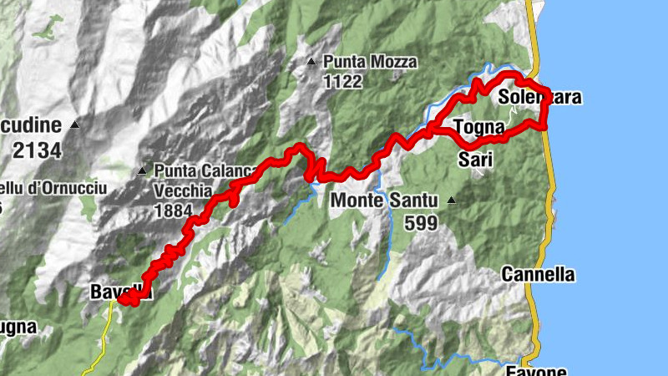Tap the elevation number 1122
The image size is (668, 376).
tap(343, 81)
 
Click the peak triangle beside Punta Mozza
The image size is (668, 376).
tap(311, 61)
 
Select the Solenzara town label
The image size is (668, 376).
tap(539, 98)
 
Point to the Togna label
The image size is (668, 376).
tap(478, 128)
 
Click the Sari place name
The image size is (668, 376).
tap(475, 160)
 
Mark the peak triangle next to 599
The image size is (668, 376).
tap(452, 201)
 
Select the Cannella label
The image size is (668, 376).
tap(539, 274)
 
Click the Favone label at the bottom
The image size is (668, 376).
tap(536, 370)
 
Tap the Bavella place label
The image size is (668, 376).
tap(119, 292)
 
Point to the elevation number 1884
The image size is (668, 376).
tap(174, 211)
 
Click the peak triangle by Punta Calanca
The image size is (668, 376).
tap(142, 170)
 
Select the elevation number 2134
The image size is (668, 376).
tap(37, 150)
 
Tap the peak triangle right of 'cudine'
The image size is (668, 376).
tap(74, 125)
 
